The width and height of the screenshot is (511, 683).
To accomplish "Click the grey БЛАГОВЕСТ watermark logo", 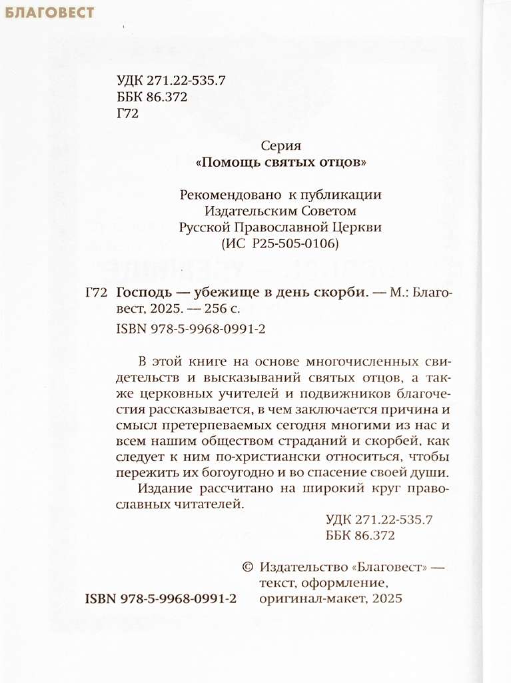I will (49, 12).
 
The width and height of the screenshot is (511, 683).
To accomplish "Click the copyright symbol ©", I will (246, 567).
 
